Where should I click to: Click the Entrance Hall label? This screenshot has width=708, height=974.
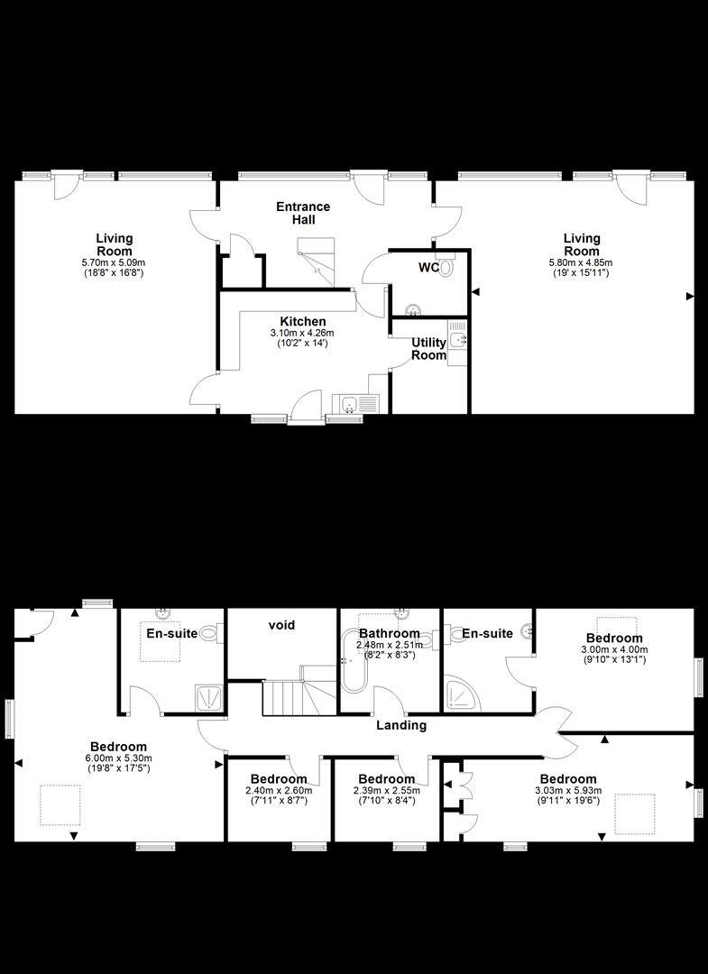pos(303,213)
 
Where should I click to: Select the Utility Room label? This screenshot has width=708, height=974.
pos(428,348)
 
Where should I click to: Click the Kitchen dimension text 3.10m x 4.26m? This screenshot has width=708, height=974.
pos(303,334)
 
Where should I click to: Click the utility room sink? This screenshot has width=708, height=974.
pos(459,340)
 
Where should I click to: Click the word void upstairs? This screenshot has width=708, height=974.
pos(282,624)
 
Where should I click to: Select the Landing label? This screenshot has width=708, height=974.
pos(401,725)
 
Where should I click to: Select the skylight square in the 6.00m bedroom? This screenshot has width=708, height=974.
pos(60,805)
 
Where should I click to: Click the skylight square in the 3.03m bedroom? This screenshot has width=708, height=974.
pos(635,813)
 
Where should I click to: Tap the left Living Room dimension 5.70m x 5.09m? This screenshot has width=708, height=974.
pos(114,262)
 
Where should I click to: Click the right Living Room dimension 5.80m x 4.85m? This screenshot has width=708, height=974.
pos(581,262)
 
